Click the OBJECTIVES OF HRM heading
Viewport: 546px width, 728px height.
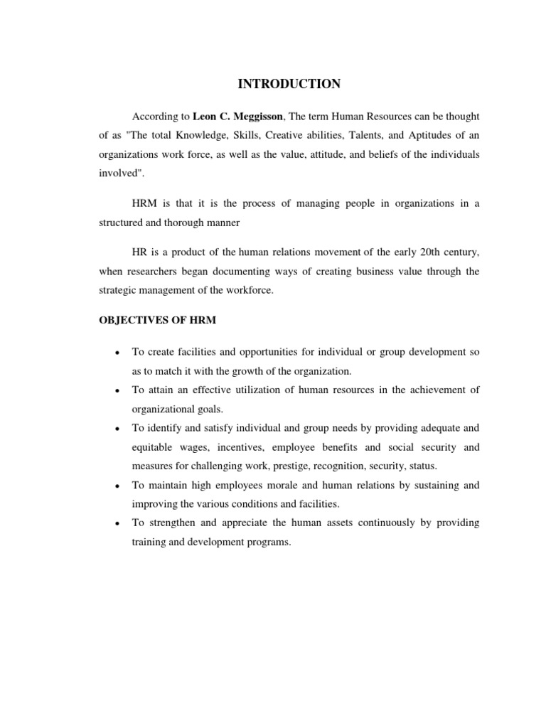157,320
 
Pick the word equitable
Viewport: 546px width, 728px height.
154,447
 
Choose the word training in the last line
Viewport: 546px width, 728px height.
149,542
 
